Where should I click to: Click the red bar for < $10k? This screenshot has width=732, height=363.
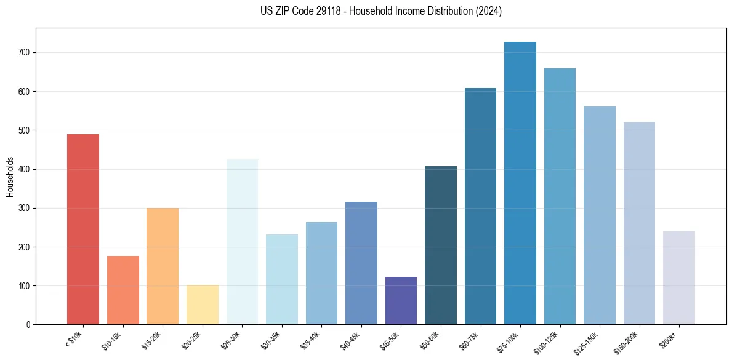tap(83, 229)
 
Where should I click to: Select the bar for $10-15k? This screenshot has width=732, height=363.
tap(123, 290)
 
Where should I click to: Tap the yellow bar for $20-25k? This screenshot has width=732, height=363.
tap(203, 305)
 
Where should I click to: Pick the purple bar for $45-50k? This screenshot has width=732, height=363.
tap(401, 300)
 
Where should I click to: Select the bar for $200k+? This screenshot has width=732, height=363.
tap(679, 277)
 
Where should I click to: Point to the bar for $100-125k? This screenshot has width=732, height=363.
tap(560, 196)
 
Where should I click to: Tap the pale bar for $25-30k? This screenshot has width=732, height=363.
tap(242, 242)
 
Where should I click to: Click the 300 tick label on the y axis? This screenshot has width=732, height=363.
tap(25, 209)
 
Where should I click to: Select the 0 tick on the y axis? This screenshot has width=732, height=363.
tap(29, 325)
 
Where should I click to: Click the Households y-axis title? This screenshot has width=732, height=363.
tap(10, 176)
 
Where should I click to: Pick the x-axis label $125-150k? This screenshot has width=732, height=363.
tap(587, 342)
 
